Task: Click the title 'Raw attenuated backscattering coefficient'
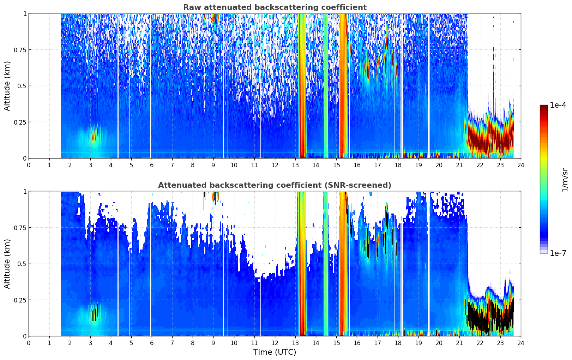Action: coord(275,7)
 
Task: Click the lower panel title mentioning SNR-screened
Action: coord(275,185)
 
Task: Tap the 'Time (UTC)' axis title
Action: coord(275,352)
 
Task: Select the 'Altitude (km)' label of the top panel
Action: coord(7,86)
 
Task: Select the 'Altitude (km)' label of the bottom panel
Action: coord(7,264)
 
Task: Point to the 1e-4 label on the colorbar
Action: coord(558,105)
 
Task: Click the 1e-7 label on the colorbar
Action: coord(558,253)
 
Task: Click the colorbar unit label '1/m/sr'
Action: coord(565,180)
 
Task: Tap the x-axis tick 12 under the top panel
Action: coord(275,165)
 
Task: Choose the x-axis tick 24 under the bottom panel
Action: coord(521,343)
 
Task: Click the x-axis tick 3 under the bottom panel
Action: coord(90,343)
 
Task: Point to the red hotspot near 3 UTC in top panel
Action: coord(94,134)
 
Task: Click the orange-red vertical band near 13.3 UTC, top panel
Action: coord(302,86)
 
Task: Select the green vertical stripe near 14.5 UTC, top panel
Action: coord(326,86)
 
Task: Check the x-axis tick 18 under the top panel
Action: coord(398,165)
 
